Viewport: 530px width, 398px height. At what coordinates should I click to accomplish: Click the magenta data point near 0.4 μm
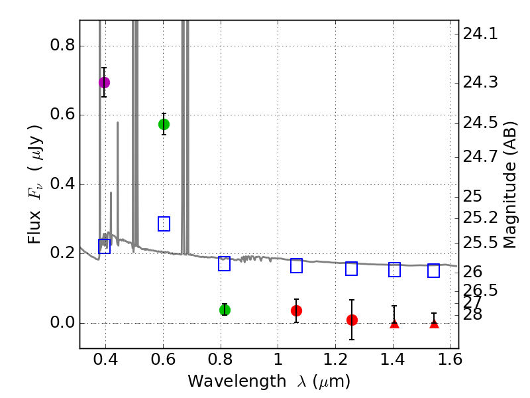click(104, 82)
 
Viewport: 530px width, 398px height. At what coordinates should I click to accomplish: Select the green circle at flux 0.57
click(164, 124)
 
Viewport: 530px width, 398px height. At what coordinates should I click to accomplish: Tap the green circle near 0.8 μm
click(225, 310)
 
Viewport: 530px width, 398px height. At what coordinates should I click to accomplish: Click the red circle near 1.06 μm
click(296, 310)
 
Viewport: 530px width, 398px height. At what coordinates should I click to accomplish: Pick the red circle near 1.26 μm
click(352, 320)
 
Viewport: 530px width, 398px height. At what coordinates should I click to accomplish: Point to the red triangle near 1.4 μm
click(394, 323)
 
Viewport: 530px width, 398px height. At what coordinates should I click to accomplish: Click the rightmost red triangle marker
click(434, 323)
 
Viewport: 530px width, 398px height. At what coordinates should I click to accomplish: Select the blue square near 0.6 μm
click(164, 224)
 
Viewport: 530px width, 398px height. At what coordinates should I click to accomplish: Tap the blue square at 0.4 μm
click(104, 247)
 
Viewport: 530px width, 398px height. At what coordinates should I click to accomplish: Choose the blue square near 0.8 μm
click(224, 263)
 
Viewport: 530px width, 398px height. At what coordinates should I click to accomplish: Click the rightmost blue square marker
click(433, 270)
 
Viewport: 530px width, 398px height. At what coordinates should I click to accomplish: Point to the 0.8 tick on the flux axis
click(64, 46)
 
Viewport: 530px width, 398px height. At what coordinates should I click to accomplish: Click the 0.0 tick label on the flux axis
click(64, 323)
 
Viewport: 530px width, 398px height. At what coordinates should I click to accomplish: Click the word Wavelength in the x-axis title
click(225, 381)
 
